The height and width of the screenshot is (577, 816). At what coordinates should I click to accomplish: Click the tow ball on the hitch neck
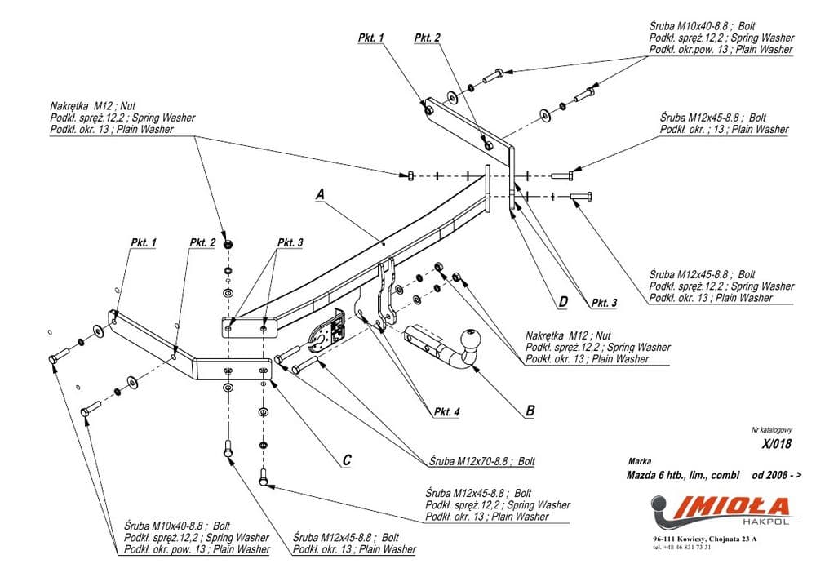click(x=474, y=340)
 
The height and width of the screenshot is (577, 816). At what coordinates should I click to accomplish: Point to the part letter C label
click(x=347, y=460)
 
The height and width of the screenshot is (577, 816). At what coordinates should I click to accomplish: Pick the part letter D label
click(x=563, y=302)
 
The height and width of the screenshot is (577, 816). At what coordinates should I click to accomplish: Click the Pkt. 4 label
click(x=447, y=412)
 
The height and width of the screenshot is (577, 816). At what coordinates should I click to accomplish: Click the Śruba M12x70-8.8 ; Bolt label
click(x=482, y=461)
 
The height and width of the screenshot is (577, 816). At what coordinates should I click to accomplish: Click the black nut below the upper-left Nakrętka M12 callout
click(x=228, y=242)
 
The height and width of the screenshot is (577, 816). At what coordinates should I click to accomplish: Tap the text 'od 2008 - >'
click(x=776, y=473)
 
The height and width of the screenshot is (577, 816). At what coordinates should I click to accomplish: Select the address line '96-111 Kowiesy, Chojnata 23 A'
click(x=704, y=539)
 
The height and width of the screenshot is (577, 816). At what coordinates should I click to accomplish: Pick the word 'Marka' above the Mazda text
click(x=641, y=461)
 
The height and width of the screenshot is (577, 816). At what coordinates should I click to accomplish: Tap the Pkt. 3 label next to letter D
click(x=604, y=303)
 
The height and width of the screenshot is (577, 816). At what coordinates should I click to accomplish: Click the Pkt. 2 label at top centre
click(x=427, y=38)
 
